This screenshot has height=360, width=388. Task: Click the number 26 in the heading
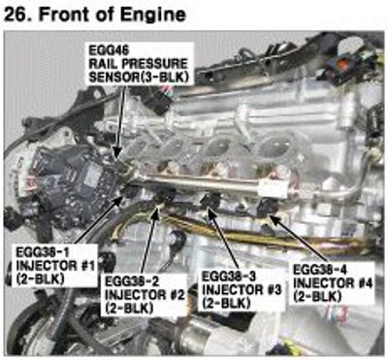(15, 15)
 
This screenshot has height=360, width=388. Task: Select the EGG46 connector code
(104, 50)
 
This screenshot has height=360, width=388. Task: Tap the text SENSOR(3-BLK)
(139, 77)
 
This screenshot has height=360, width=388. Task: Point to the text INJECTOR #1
(55, 266)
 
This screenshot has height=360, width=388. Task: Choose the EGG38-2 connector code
(132, 281)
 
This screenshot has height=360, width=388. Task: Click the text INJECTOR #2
(145, 295)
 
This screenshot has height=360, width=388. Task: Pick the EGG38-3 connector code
(229, 277)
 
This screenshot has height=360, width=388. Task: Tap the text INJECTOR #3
(242, 289)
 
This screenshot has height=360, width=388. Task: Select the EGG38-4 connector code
(320, 269)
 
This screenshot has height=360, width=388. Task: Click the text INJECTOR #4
(333, 283)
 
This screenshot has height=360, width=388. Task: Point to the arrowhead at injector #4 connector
(274, 219)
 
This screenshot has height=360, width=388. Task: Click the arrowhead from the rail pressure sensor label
(117, 151)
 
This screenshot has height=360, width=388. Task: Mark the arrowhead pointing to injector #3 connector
(211, 213)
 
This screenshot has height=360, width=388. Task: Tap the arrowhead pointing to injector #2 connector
(156, 214)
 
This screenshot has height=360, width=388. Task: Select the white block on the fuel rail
(274, 189)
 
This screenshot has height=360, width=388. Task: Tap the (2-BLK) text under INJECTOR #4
(317, 297)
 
